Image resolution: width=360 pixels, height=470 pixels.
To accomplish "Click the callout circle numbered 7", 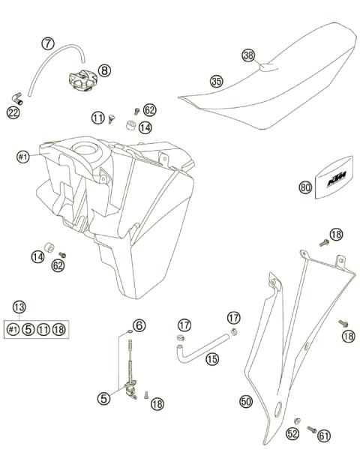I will [x=49, y=43].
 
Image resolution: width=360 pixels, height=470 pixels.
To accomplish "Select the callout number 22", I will [x=13, y=112].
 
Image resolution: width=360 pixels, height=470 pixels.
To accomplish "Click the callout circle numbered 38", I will [x=248, y=55].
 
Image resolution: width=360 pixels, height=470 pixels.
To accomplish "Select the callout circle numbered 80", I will [x=305, y=188].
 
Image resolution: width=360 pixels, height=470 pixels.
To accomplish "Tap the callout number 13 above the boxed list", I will [x=19, y=306].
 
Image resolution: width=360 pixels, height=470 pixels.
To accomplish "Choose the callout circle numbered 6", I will [x=139, y=325].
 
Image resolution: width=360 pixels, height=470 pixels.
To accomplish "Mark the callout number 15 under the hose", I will [x=212, y=360].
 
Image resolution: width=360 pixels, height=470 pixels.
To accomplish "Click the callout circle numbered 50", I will [x=245, y=402].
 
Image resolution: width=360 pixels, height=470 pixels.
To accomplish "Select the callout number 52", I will [x=293, y=434].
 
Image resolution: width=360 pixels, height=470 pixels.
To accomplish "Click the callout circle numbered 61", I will [x=324, y=434].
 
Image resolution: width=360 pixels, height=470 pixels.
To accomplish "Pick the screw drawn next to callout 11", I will [x=111, y=116].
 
